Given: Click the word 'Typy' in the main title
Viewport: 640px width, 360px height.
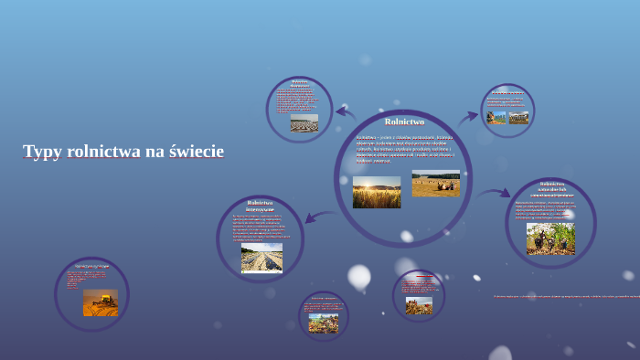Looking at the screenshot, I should [41, 152].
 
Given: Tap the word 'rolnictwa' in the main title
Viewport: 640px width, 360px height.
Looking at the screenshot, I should [101, 152].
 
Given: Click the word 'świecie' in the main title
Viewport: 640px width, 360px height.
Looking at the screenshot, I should [196, 152].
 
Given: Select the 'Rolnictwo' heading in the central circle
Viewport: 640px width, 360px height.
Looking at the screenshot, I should [404, 122].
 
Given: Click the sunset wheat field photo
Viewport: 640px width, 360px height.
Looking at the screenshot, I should [377, 193].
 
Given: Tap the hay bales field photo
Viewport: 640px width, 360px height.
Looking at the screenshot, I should [435, 184].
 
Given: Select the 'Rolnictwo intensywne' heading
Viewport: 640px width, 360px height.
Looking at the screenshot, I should [260, 206].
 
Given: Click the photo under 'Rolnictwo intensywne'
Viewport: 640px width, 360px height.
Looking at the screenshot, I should [261, 258].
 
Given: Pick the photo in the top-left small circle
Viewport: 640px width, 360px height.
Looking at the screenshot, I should [304, 123].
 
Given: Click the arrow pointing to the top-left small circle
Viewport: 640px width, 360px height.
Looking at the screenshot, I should [346, 112].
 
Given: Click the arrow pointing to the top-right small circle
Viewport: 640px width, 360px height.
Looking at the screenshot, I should [467, 117].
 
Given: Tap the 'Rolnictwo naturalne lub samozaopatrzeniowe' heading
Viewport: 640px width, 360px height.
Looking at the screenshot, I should [550, 189].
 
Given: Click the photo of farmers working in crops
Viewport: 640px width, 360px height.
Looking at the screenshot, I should [550, 238].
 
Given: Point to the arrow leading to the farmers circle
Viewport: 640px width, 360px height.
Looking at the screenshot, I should [495, 193].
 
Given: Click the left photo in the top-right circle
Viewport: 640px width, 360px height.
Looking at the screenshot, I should [496, 118].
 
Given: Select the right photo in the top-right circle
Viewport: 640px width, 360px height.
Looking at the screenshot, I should [518, 118].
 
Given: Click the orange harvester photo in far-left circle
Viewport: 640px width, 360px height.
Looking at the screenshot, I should [101, 302].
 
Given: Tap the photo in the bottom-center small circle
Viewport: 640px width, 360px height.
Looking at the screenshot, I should [323, 323].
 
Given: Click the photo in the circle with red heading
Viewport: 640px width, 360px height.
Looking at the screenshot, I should [419, 305].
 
